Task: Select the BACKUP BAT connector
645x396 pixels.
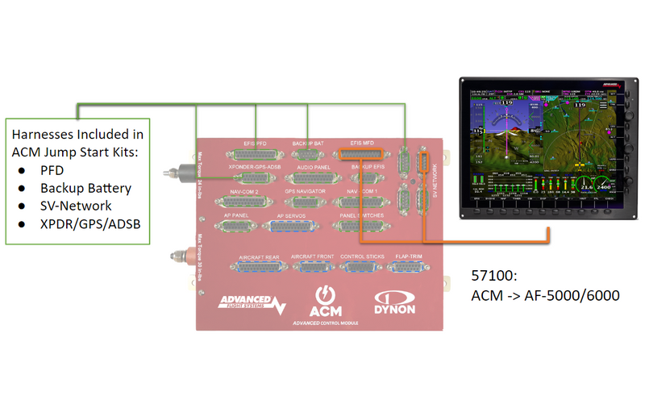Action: (x=306, y=154)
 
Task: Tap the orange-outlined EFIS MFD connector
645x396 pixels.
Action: (x=360, y=154)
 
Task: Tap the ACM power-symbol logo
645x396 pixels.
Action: (x=327, y=298)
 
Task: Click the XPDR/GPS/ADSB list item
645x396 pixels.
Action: (x=89, y=223)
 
